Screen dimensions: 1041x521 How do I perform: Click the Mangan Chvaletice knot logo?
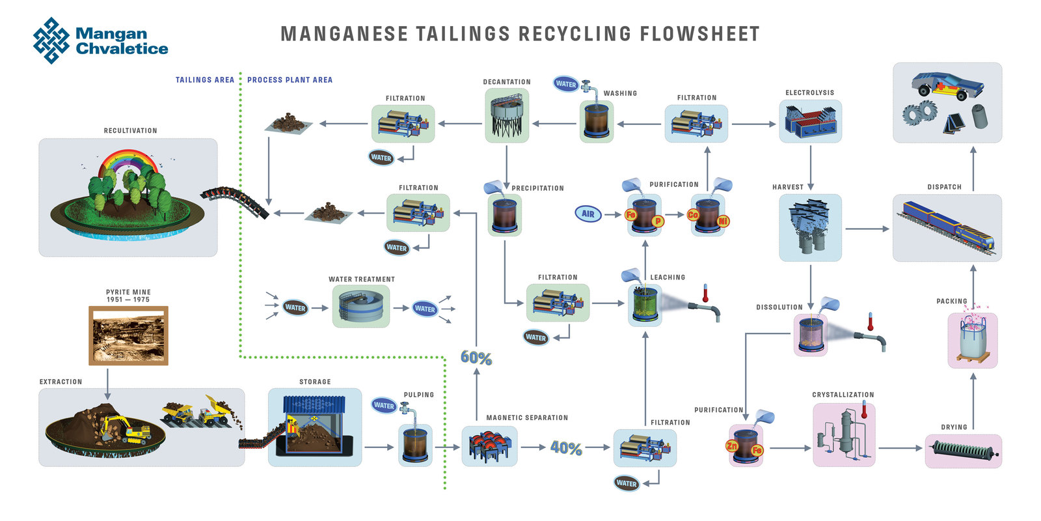pos(51,40)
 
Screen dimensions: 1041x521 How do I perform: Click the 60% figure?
pos(476,358)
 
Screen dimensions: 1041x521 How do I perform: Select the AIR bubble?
pos(588,214)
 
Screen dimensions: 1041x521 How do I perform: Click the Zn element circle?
pos(731,446)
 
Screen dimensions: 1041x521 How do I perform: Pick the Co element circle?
pos(692,215)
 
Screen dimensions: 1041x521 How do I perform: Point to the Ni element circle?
pos(723,221)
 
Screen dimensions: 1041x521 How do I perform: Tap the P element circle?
pos(658,221)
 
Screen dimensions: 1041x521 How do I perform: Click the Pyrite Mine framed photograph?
pos(128,335)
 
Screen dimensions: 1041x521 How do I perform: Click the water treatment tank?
pos(361,307)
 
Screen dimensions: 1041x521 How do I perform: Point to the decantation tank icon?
pos(507,115)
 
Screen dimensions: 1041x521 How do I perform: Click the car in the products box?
pos(947,85)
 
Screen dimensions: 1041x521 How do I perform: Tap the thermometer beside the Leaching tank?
pos(705,293)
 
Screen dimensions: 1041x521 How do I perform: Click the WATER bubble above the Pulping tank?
pos(384,405)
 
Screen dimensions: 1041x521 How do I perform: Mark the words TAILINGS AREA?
pos(205,80)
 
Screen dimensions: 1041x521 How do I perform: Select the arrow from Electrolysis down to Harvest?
pos(811,168)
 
